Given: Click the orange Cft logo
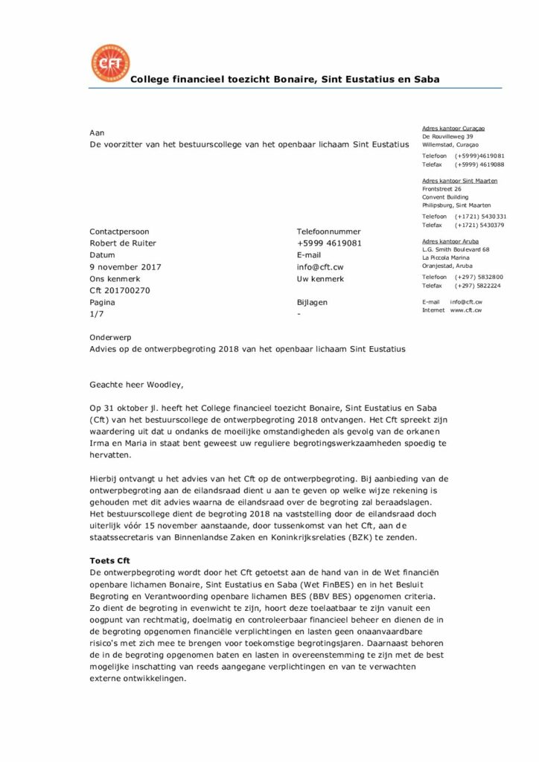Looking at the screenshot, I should tap(109, 63).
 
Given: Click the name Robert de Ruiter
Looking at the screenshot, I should tap(123, 243).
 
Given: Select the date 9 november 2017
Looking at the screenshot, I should tap(125, 267).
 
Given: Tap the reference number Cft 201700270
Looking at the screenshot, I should tap(120, 291).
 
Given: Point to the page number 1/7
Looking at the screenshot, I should tap(97, 315).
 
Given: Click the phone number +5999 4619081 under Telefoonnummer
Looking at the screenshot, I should tap(329, 243).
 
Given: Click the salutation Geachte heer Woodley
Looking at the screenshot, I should tap(135, 385).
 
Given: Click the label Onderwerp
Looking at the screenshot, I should tap(110, 337).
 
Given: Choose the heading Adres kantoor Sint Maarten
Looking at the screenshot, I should tap(460, 181).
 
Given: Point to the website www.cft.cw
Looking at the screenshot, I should tap(466, 310).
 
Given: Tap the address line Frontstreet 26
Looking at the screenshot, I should tap(441, 189).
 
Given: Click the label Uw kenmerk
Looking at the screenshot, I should tap(320, 279).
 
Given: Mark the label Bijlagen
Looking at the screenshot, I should tap(312, 303).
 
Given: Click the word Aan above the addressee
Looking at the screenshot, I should tap(97, 132).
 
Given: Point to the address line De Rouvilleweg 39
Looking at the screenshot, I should tap(447, 137).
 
